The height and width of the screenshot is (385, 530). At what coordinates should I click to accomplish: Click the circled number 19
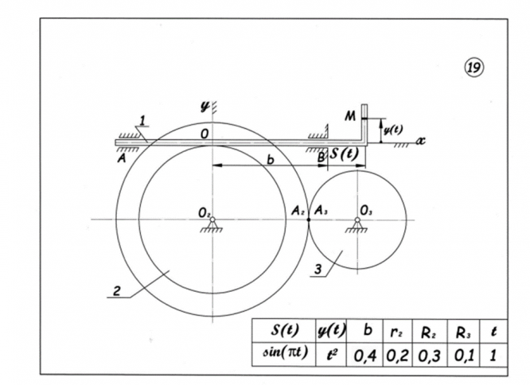tap(475, 68)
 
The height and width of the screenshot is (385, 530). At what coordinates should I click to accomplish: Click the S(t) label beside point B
tap(345, 154)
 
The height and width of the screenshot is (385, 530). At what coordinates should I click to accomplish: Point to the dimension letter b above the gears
tap(271, 160)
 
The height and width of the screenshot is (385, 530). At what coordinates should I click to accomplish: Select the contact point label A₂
tap(297, 211)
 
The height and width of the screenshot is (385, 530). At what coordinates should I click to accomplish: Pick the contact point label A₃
tap(320, 211)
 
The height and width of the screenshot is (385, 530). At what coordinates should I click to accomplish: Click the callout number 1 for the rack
tap(142, 120)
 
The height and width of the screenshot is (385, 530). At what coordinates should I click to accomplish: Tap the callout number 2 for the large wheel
tap(116, 293)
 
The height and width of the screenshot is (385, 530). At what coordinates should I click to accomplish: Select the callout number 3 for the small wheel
tap(318, 270)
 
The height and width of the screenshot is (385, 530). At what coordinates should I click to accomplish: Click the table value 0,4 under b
tap(364, 352)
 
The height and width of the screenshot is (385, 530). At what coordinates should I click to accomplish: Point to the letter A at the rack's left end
tap(121, 157)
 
